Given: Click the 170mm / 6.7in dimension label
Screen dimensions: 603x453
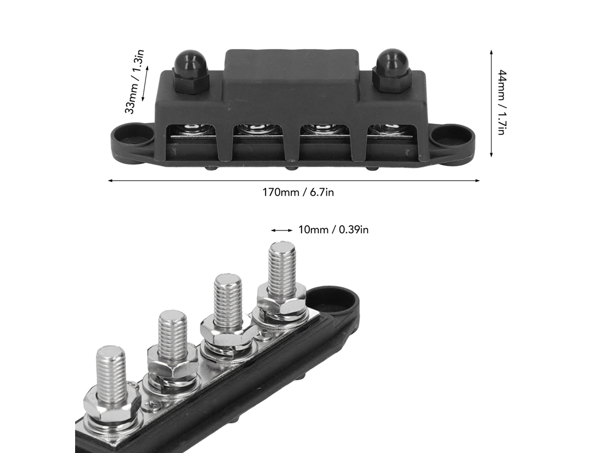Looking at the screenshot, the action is point(298,192).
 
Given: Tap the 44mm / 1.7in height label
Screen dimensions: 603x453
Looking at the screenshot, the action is point(501,102).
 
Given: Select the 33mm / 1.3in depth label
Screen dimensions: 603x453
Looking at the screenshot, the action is point(134,81).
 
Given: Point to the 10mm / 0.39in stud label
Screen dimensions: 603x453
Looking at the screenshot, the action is point(333,230).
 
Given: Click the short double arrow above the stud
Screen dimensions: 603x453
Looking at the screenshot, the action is point(282,230).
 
